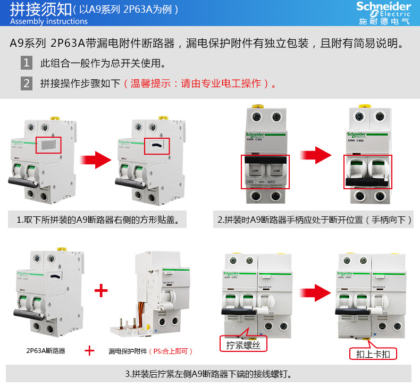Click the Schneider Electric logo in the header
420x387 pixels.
383,13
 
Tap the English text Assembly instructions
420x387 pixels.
49,22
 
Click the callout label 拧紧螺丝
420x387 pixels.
243,344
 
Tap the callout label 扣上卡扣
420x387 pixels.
373,354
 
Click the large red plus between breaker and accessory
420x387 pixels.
100,290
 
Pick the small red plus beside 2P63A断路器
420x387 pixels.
90,351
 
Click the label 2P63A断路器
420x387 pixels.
46,351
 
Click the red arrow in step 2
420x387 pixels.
316,156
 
